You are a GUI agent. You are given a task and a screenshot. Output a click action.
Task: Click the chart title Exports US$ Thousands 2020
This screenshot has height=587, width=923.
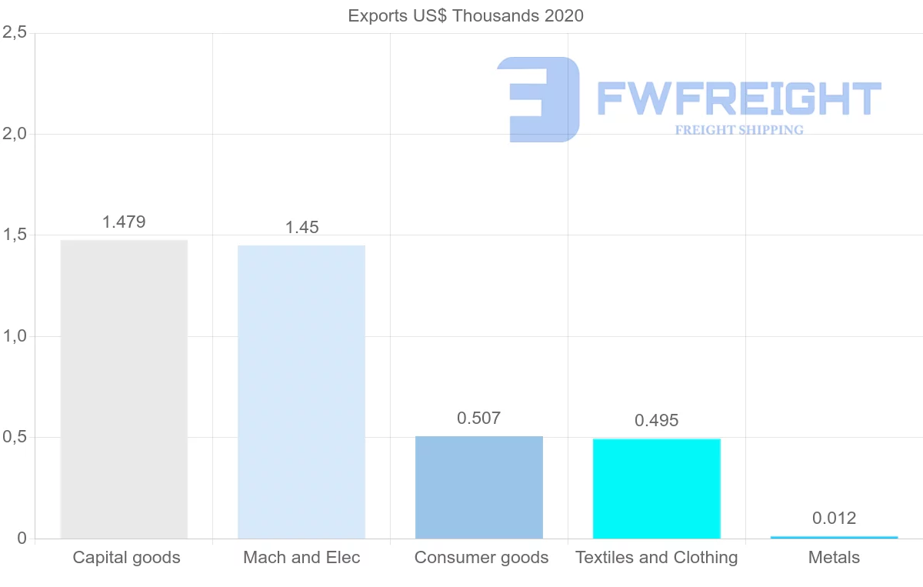coord(465,15)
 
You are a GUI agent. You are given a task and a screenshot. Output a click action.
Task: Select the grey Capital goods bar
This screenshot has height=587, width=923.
coord(124,389)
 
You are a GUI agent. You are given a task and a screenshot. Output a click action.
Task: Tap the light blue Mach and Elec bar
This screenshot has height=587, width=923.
coord(302,392)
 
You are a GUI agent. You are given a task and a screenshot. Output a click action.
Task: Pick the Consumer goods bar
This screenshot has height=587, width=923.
coord(479,487)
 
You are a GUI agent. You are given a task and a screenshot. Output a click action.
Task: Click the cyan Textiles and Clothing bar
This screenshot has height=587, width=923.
coord(657,489)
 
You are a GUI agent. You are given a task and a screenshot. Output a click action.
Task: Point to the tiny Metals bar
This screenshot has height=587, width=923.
coord(834,537)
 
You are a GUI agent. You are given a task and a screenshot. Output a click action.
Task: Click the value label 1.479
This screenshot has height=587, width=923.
coord(124,222)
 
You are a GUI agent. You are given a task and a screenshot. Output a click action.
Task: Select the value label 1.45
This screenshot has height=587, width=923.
coord(302,228)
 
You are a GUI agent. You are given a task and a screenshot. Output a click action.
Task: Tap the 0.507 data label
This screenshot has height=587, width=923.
coord(478,419)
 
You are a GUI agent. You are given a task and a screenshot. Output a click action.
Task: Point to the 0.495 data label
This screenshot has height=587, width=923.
coord(657,421)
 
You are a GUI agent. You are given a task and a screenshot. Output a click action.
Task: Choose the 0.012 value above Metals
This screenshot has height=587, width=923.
coord(834,519)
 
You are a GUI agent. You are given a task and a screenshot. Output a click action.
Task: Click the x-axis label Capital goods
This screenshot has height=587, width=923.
coord(127,558)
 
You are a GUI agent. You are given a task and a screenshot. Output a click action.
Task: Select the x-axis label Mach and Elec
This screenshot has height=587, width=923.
coord(302,558)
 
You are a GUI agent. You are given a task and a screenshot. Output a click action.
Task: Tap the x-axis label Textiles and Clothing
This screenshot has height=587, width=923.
coord(657,558)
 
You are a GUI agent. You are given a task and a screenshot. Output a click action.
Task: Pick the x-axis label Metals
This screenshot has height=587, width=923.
coord(834,558)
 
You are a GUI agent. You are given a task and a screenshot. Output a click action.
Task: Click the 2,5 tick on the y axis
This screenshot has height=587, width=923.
coord(15,33)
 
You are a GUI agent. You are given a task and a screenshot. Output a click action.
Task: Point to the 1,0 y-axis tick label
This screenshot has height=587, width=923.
coord(15,336)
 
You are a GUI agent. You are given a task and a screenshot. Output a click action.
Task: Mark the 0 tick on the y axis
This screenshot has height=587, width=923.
coord(22,539)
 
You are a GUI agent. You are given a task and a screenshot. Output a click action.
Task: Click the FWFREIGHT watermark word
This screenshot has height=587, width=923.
coord(738,98)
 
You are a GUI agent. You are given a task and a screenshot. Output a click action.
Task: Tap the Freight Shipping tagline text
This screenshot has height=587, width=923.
coord(739,130)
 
